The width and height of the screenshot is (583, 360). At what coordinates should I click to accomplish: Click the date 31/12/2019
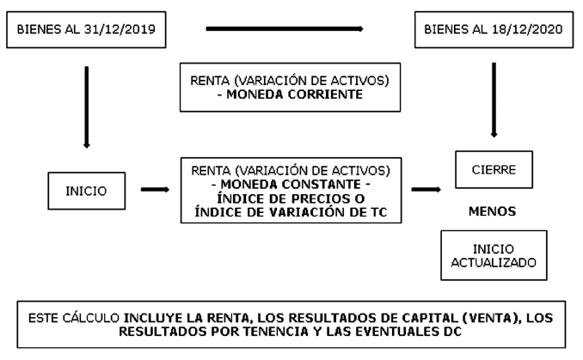click(x=120, y=29)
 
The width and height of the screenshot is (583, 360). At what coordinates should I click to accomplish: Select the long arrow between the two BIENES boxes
click(x=285, y=28)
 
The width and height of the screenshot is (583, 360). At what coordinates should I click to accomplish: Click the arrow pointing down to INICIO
click(x=87, y=107)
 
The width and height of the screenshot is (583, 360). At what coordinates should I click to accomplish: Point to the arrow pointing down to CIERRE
click(x=494, y=100)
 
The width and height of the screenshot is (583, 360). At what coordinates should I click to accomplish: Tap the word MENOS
click(x=492, y=211)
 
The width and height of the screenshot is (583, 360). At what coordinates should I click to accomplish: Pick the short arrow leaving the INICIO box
click(x=155, y=190)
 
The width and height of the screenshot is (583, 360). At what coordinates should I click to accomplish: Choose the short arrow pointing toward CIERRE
click(x=427, y=190)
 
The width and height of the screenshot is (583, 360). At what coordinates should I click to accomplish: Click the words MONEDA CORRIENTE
click(x=294, y=95)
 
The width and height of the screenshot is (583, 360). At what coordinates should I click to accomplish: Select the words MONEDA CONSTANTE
click(x=291, y=184)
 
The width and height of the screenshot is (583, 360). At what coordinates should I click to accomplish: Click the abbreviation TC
click(x=378, y=212)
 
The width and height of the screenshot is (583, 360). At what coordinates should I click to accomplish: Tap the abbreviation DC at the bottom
click(x=452, y=331)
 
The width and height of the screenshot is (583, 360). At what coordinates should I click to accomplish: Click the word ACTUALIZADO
click(x=494, y=263)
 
